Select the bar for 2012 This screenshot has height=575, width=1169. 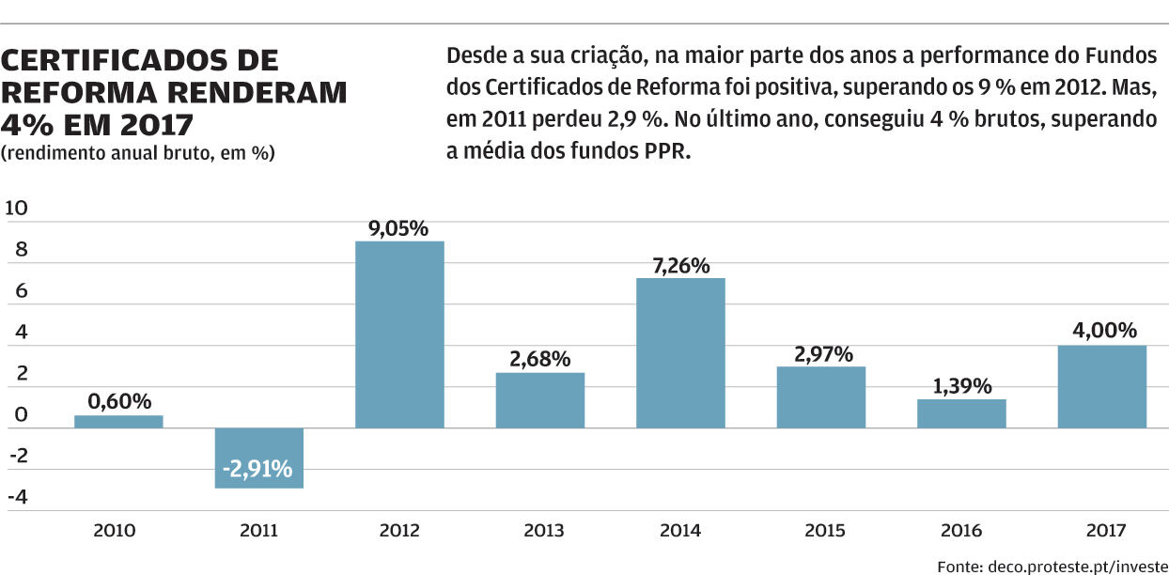399,334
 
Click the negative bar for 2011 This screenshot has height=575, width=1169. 258,458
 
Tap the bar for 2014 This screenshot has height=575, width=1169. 680,352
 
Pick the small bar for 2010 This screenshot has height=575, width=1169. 118,422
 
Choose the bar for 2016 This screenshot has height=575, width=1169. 961,413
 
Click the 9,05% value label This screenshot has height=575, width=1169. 398,228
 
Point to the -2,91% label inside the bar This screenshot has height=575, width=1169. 258,468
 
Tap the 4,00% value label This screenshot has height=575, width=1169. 1101,331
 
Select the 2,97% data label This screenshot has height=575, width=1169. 820,354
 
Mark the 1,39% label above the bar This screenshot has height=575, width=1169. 961,386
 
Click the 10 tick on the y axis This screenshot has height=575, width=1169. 16,209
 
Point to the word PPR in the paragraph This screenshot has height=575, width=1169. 667,151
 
